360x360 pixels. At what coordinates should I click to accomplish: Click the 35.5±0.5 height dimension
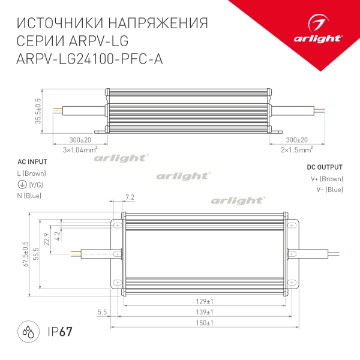tap(38, 111)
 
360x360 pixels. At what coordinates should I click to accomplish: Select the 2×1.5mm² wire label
tap(297, 149)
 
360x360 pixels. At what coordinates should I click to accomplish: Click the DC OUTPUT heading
tap(325, 167)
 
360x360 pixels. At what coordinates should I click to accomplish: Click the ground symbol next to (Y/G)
tap(22, 185)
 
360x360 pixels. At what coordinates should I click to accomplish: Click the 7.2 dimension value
tap(130, 197)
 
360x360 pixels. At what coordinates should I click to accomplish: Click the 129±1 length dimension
tap(206, 301)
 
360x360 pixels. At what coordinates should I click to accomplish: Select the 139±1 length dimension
tap(206, 313)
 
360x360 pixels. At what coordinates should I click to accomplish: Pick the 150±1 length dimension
tap(206, 324)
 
